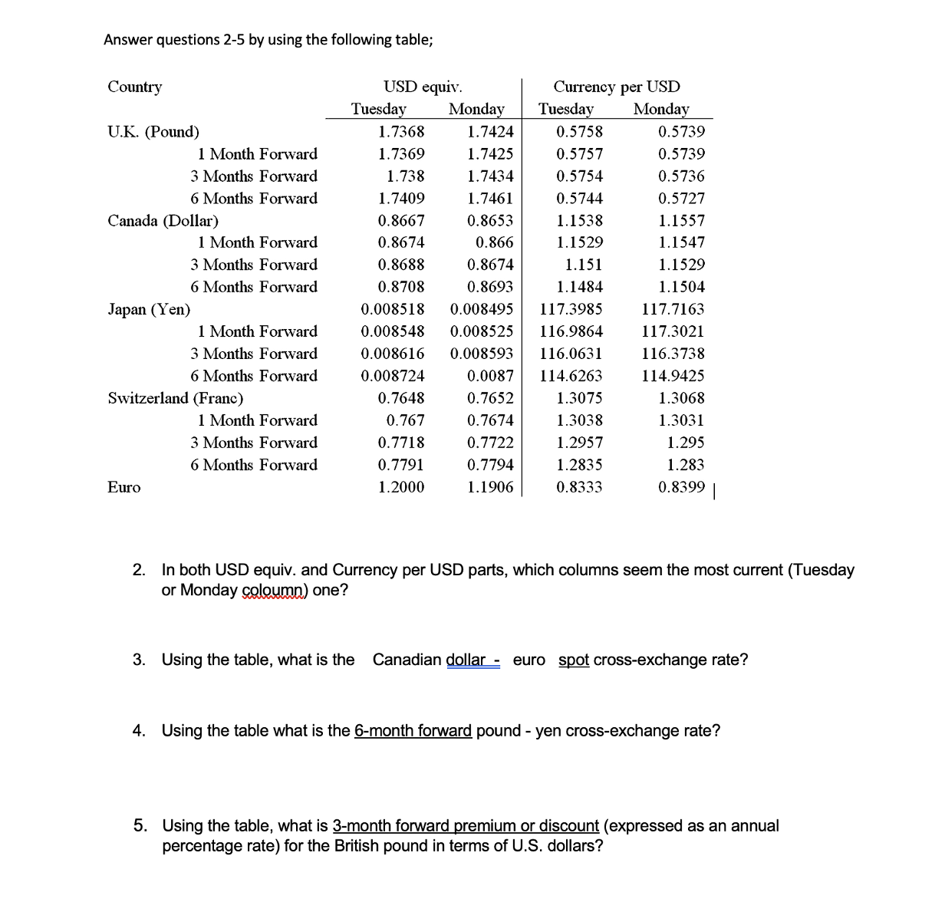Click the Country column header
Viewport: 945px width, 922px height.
point(135,87)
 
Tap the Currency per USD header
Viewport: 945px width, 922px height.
point(616,87)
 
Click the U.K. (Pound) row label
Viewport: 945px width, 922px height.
point(153,131)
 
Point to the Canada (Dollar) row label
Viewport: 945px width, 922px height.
point(163,221)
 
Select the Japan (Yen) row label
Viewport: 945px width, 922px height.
point(149,310)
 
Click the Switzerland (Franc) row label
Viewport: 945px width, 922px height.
point(175,398)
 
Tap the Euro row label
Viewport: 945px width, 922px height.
point(124,487)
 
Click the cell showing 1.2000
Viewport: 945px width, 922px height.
point(401,487)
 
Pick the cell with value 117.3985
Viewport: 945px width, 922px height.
point(571,310)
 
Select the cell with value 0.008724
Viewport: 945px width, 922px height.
point(392,376)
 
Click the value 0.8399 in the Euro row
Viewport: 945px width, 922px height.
point(681,487)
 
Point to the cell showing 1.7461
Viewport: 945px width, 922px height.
point(489,199)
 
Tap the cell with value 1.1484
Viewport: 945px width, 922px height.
point(579,287)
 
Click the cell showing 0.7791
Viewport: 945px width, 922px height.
point(401,465)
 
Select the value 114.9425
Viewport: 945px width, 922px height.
point(673,376)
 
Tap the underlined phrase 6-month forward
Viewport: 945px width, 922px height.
point(413,730)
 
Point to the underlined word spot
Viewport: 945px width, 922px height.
point(574,660)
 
